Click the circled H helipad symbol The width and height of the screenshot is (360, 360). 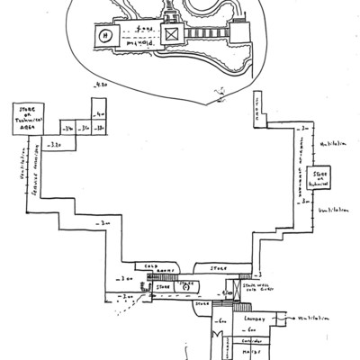104,37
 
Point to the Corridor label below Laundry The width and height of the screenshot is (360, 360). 254,342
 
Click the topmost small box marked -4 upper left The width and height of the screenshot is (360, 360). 99,115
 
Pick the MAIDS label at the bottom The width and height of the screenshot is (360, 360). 252,353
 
